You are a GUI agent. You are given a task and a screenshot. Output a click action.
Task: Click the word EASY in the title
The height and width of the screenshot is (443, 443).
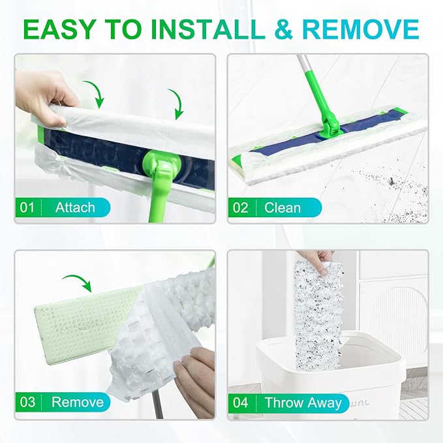pos(59,29)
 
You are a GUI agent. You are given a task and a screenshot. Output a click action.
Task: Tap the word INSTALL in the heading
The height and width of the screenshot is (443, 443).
pos(207,29)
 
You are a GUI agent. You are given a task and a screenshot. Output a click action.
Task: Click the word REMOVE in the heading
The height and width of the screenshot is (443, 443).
pos(361,29)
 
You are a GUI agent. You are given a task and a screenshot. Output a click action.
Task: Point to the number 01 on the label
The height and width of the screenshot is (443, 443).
pos(27,207)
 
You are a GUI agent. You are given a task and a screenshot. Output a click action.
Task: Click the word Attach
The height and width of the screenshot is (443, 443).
pos(75,207)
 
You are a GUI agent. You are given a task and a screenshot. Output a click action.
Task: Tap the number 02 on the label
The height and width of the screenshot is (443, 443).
pos(240,207)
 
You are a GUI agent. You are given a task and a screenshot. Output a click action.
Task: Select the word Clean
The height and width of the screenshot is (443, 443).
pos(283,207)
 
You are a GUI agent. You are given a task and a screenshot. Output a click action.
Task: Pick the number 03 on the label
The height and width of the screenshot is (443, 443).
pos(27,402)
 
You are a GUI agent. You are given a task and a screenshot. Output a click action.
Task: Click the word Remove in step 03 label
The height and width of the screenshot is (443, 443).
pos(78,402)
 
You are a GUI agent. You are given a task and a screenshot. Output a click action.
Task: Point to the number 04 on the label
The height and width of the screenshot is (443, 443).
pos(241,403)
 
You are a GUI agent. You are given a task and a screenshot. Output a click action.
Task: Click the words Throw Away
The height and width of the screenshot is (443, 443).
pos(303,403)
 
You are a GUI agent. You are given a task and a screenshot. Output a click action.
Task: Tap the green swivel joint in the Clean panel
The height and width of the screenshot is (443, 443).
pos(331,126)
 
